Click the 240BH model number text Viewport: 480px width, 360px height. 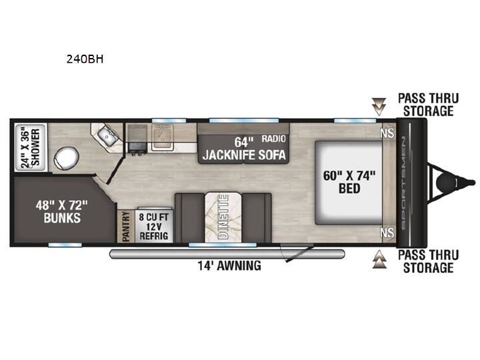click(85, 59)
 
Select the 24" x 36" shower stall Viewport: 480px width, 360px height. click(31, 147)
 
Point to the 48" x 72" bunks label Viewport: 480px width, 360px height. click(61, 211)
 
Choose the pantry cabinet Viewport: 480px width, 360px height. click(126, 226)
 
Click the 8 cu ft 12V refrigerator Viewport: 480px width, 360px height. click(154, 226)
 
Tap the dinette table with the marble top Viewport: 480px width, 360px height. click(223, 217)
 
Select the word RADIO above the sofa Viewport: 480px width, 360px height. click(273, 139)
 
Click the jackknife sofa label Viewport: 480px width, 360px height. click(244, 155)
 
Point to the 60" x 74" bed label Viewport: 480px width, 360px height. click(349, 182)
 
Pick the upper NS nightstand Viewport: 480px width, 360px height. click(387, 133)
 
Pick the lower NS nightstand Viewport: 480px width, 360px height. click(387, 233)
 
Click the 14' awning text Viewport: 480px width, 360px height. click(229, 265)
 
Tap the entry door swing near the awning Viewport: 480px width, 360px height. click(299, 252)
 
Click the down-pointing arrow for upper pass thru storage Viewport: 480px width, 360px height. click(379, 107)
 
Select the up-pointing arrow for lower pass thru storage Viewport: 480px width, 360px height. click(379, 259)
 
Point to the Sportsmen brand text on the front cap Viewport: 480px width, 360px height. click(403, 183)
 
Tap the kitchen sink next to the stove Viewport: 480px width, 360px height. click(163, 137)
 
